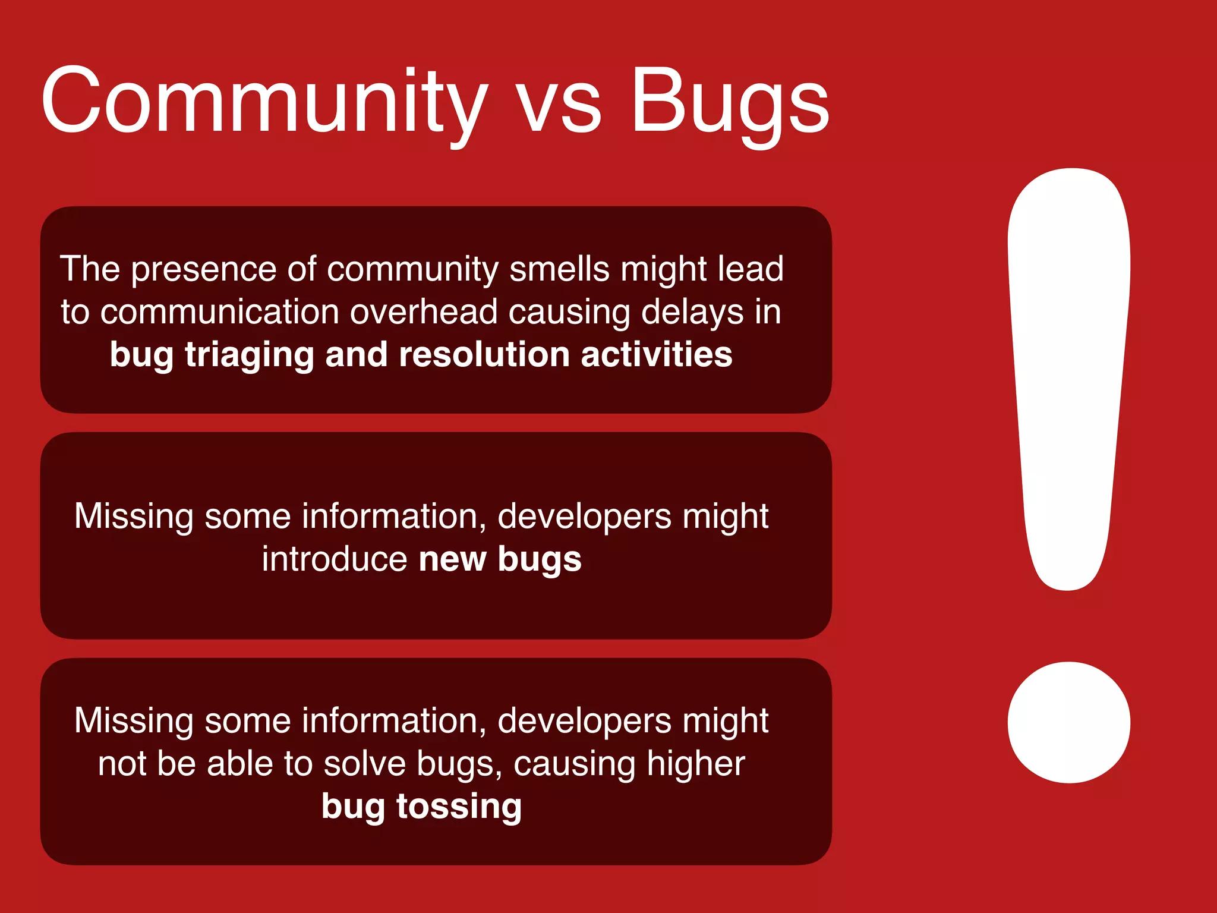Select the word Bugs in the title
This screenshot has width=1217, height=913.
tap(730, 101)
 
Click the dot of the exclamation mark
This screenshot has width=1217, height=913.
tap(1068, 722)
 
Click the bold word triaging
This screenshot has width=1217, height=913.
tap(249, 356)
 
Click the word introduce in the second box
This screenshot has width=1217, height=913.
tap(335, 559)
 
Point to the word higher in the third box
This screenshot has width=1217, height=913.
tap(695, 764)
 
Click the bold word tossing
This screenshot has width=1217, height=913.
tap(459, 807)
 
